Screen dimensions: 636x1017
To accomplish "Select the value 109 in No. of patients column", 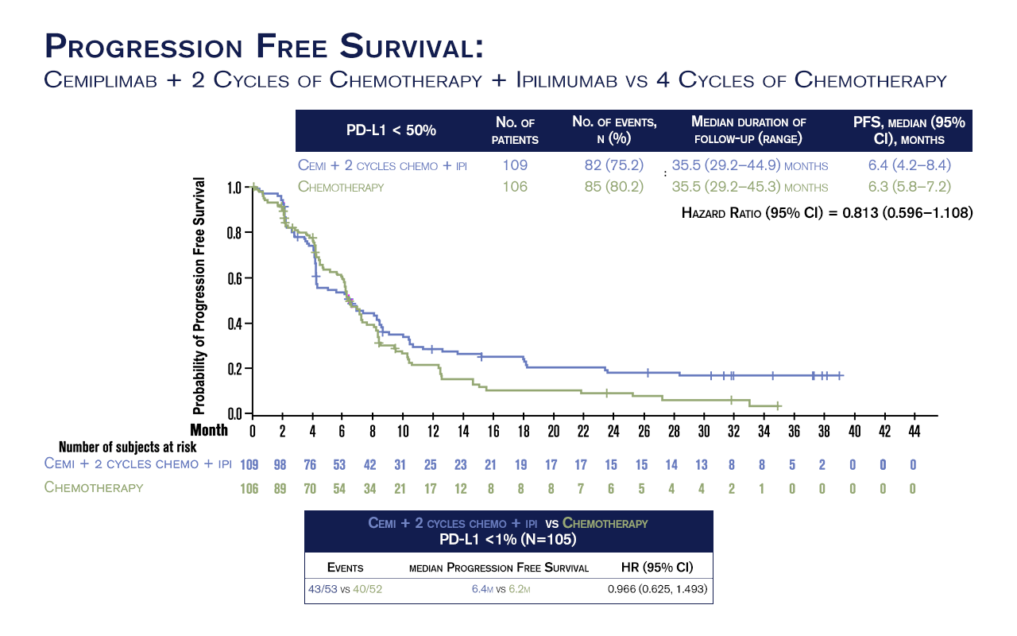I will point(515,165).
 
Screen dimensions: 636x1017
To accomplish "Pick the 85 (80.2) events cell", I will point(614,187).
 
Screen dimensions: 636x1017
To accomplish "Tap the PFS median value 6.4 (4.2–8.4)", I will point(910,165).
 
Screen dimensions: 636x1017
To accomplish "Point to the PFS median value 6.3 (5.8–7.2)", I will point(910,187).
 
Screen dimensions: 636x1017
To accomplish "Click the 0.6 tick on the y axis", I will point(234,279).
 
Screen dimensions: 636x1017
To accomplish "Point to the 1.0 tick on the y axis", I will point(234,188).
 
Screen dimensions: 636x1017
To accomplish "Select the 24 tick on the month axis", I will point(613,431).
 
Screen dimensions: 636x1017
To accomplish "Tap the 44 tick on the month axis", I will point(915,431).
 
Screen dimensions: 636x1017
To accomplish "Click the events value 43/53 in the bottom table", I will point(322,590).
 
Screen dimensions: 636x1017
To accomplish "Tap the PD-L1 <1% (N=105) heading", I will point(508,539).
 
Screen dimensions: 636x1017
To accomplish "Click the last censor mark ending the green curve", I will point(778,405).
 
